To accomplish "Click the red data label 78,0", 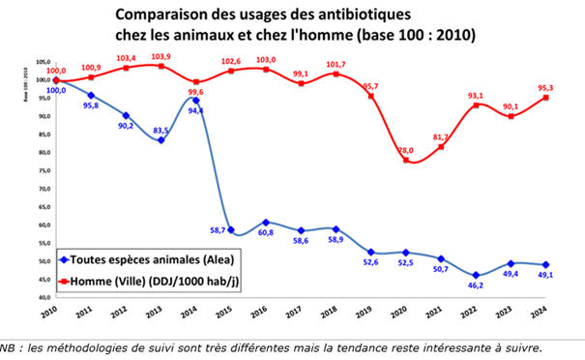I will tap(405, 150).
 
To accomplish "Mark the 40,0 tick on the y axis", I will tap(43, 298).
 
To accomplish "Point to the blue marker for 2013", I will tap(161, 141).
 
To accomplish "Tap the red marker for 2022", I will tap(475, 105).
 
